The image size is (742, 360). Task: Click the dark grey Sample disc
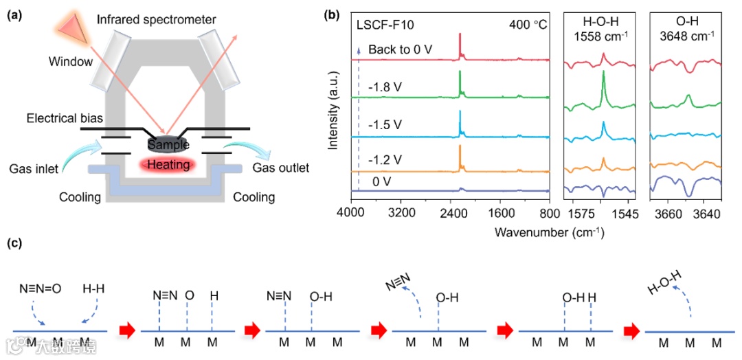163,144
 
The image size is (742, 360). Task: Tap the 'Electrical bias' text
61,119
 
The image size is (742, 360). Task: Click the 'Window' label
70,62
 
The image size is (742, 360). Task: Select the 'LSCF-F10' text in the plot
385,27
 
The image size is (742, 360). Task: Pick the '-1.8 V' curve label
385,88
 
